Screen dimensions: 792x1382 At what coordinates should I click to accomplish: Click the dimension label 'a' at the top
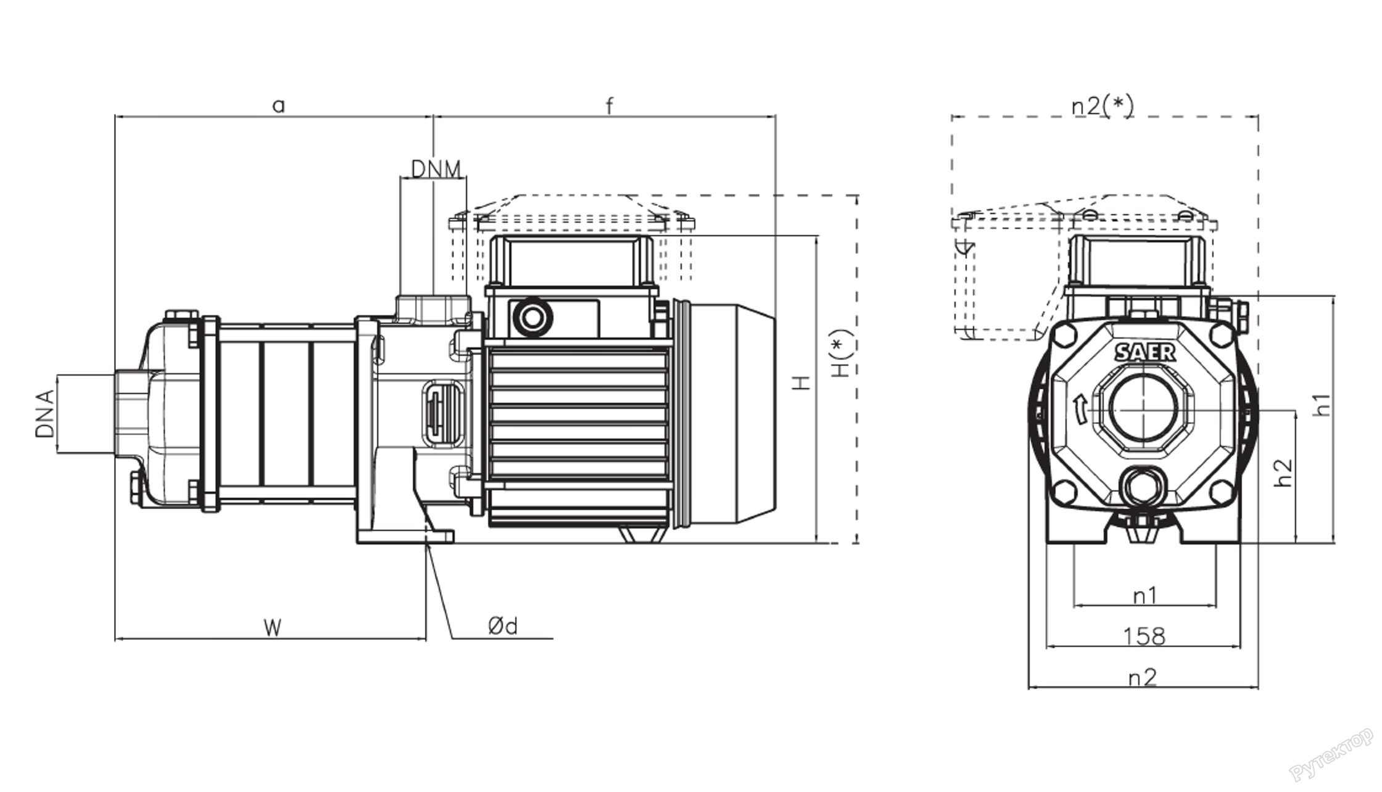coord(279,106)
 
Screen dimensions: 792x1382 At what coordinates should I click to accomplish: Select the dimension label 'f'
coord(609,106)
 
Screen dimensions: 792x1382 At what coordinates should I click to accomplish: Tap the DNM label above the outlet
coord(436,169)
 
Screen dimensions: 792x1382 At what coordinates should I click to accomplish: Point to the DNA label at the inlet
coord(45,413)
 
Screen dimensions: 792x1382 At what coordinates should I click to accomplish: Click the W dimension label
coord(272,628)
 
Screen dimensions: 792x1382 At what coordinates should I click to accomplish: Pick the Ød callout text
coord(503,627)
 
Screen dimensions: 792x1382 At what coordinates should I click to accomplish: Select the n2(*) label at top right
coord(1103,106)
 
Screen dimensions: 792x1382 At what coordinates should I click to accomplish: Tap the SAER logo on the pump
coord(1145,353)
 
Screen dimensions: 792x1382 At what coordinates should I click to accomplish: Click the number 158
coord(1144,636)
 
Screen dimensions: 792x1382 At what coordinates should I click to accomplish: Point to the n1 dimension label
coord(1145,596)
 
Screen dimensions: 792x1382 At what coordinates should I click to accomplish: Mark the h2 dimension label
coord(1283,472)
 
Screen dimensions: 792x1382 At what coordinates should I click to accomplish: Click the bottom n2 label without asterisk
coord(1142,677)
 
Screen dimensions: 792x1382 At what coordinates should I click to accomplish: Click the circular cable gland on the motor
coord(530,318)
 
